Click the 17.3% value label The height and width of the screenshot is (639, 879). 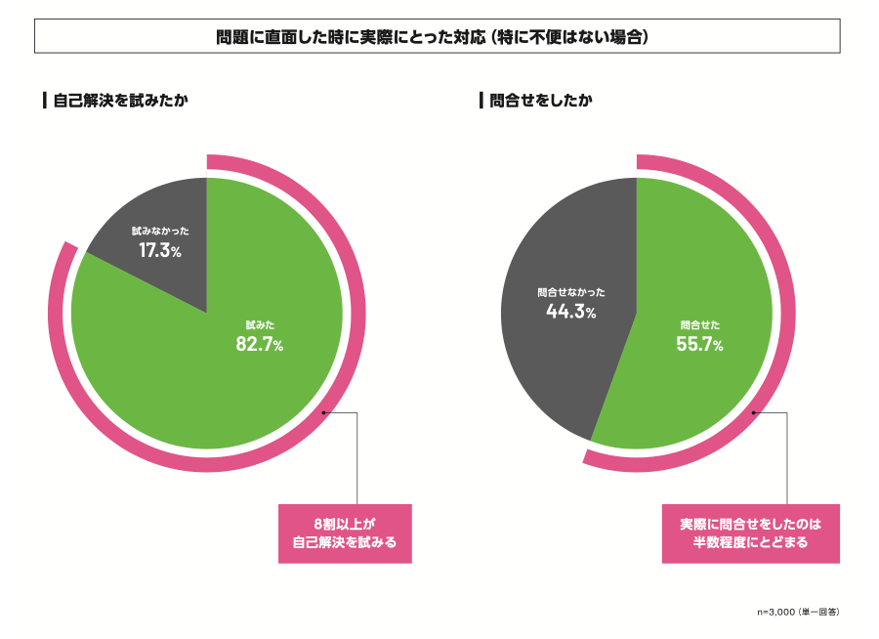point(159,251)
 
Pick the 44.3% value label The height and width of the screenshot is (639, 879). point(570,312)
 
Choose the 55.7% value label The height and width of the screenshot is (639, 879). point(699,344)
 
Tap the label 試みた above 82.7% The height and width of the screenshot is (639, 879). point(259,324)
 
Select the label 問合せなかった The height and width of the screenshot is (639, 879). point(571,292)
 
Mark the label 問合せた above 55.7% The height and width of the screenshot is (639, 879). point(699,324)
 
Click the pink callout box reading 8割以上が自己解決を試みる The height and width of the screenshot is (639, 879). point(345,533)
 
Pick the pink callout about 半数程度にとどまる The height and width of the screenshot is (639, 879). point(750,533)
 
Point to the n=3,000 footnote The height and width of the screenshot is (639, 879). point(798,612)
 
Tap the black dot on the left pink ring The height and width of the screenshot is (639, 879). point(324,412)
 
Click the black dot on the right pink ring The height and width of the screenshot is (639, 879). point(754,412)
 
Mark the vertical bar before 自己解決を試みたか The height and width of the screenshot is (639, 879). point(45,101)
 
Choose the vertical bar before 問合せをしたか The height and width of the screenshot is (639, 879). point(481,101)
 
